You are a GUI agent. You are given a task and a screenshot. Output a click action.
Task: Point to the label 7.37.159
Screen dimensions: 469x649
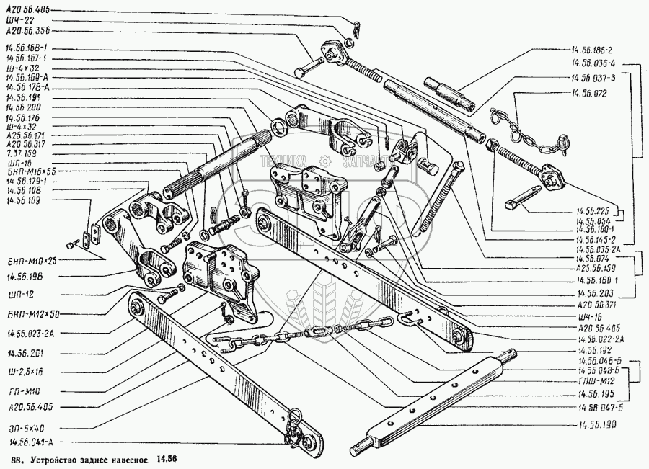click(21, 153)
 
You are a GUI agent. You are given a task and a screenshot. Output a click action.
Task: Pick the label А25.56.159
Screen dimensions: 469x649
click(593, 268)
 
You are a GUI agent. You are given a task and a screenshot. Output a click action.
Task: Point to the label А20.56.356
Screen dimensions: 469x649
click(28, 32)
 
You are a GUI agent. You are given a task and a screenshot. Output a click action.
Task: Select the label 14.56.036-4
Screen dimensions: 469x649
click(593, 64)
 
